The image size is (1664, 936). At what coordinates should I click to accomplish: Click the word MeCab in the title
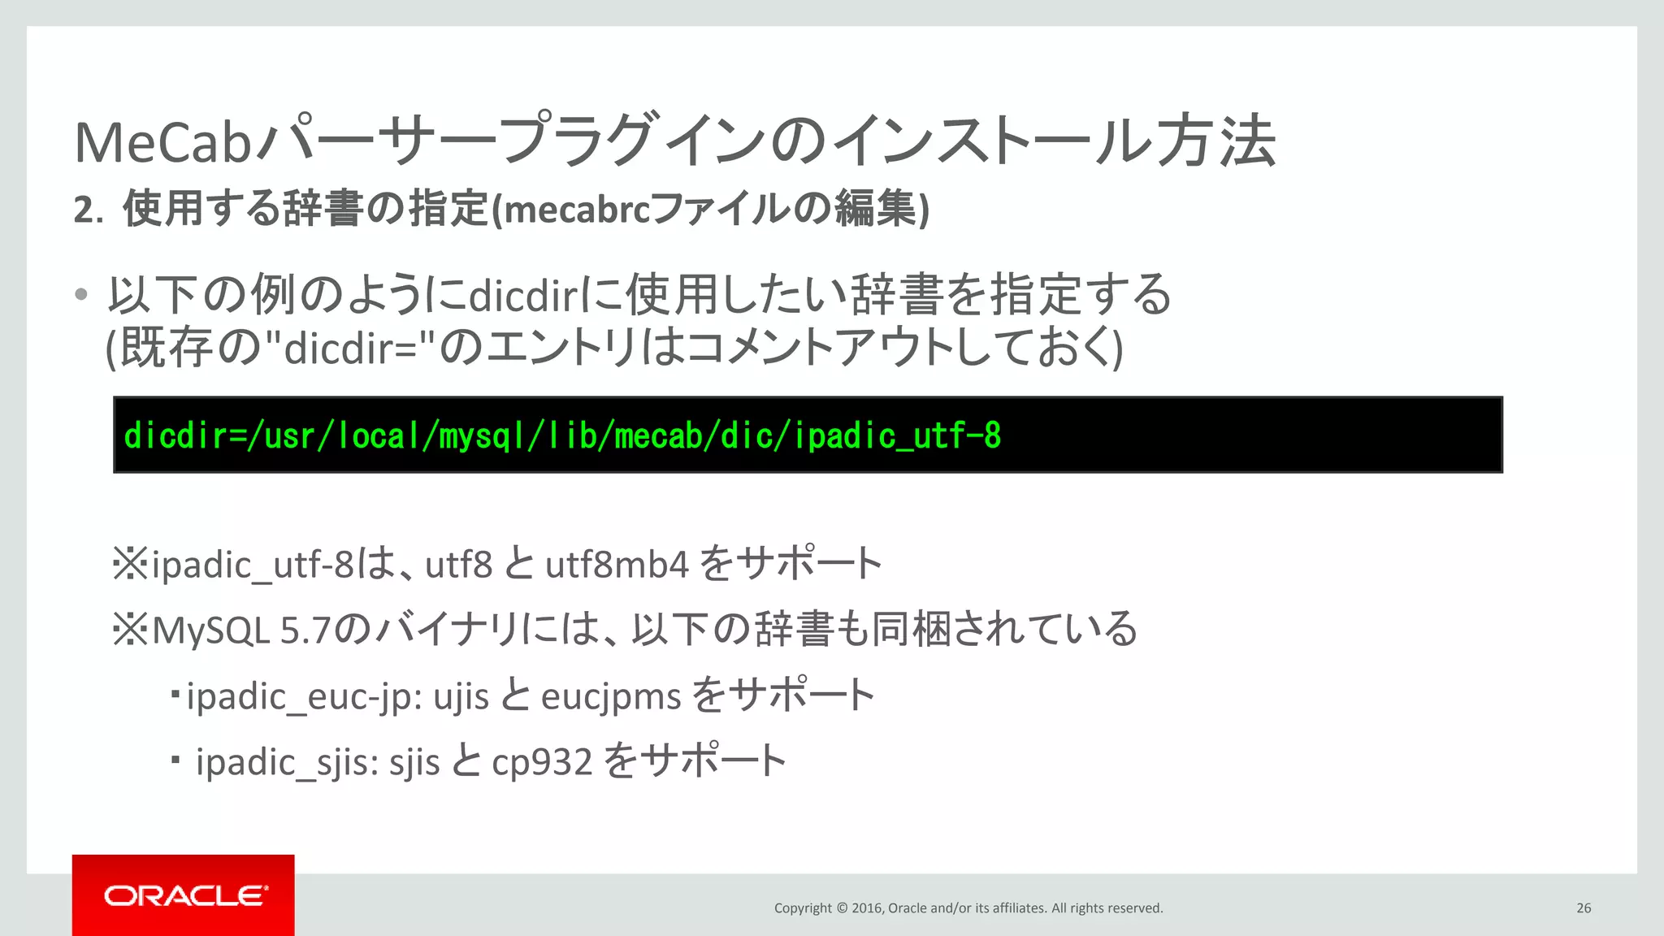162,143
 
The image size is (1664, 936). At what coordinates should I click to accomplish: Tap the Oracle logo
184,895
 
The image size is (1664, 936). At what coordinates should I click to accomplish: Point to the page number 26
1584,908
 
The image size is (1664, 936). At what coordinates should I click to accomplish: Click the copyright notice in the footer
968,908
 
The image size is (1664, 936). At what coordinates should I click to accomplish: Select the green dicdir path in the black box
561,436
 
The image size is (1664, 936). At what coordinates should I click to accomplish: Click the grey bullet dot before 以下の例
80,295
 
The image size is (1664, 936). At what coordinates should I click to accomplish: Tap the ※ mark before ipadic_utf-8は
130,564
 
